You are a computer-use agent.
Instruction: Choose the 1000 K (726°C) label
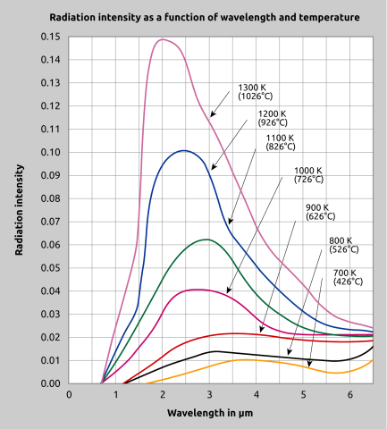coord(308,175)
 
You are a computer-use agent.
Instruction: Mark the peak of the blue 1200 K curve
coord(183,150)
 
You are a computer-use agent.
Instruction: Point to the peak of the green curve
coord(206,240)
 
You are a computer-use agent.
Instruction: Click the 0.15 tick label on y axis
coord(51,37)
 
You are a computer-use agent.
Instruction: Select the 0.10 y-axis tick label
coord(51,152)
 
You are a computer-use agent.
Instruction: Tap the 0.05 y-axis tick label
coord(51,268)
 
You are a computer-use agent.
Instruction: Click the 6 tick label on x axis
coord(349,395)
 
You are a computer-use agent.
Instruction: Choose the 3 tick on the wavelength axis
coord(209,395)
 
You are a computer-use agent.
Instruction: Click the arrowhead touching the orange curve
coord(309,366)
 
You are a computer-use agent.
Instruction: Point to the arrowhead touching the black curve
coord(290,356)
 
